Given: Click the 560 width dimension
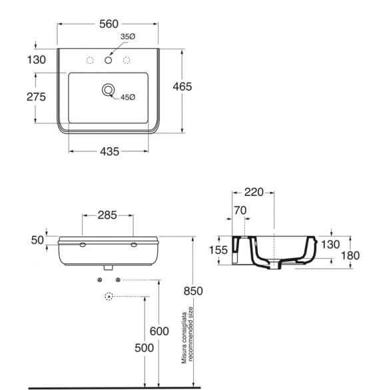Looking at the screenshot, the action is coord(109,24).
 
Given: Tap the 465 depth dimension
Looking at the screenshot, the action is coord(183,87).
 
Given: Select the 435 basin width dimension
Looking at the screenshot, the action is coord(110,151).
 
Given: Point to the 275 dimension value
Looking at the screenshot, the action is coord(36,97).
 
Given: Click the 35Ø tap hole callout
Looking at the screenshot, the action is coord(128,37).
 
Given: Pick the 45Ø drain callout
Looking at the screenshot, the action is coord(128,97).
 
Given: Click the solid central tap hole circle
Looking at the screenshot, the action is coord(108,60).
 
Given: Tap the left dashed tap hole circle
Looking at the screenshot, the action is coord(90,60).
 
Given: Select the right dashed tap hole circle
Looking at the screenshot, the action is coord(127,60).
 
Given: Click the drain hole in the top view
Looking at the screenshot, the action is coord(108,90).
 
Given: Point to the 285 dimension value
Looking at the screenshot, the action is coord(107,215).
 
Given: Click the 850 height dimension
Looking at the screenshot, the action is coord(193,291).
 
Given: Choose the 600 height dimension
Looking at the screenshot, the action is coord(159,331).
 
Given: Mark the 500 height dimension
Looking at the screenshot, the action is coord(144,348).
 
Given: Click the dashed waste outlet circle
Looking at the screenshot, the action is coord(109,296).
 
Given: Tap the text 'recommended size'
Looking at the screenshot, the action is coord(191,334).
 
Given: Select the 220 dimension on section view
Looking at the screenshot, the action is coord(254,192).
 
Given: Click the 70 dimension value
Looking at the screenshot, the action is coord(240,211).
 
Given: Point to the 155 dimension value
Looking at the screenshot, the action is coord(218,250).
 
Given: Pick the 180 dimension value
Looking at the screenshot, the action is coord(350,255).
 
